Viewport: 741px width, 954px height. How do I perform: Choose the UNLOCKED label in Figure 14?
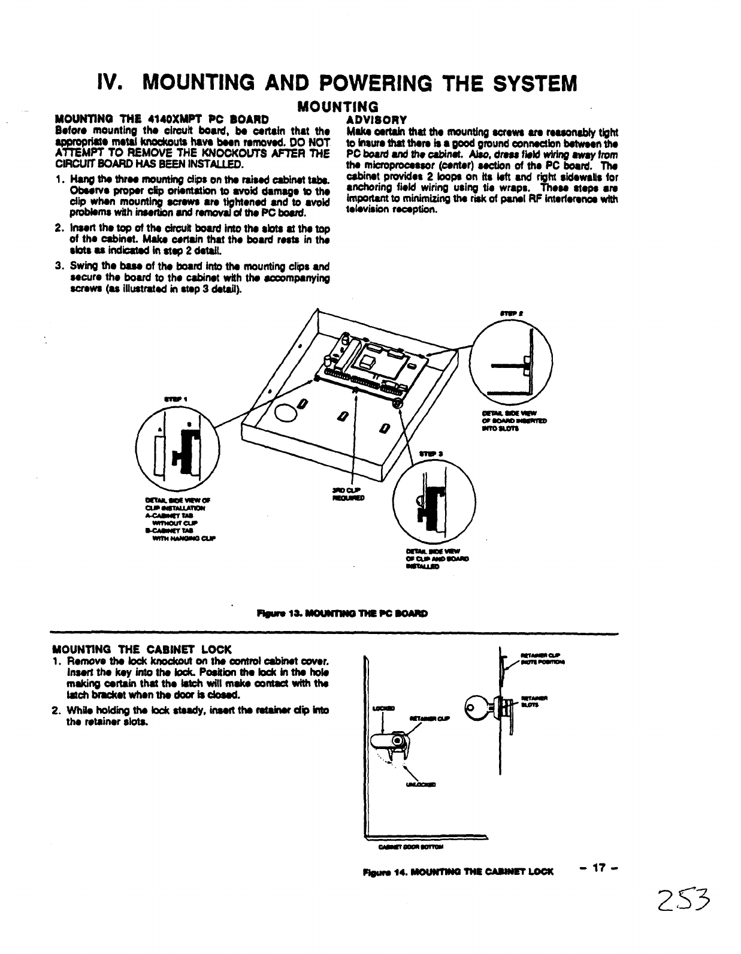423,786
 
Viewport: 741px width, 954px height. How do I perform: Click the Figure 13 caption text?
341,614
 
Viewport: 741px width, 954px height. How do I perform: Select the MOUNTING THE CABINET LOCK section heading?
143,649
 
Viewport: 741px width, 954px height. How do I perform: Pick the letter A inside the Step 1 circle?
160,430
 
